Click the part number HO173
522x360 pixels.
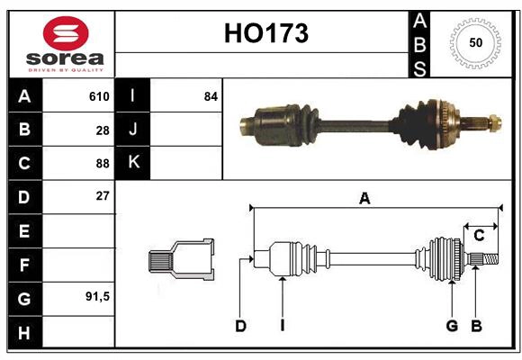click(x=265, y=33)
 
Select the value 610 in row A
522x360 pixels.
click(x=98, y=96)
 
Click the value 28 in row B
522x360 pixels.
click(x=102, y=130)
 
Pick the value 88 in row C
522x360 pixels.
click(x=102, y=164)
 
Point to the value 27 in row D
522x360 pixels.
click(x=102, y=196)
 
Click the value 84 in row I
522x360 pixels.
click(x=211, y=96)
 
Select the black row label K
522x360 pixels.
click(x=133, y=163)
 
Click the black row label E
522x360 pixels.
click(x=24, y=231)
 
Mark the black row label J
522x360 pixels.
click(x=133, y=130)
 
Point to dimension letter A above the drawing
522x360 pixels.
click(x=364, y=199)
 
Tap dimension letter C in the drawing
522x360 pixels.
click(x=479, y=236)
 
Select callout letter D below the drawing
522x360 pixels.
click(x=240, y=326)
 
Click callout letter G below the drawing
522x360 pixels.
click(x=452, y=326)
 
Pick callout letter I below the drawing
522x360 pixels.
click(x=282, y=326)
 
